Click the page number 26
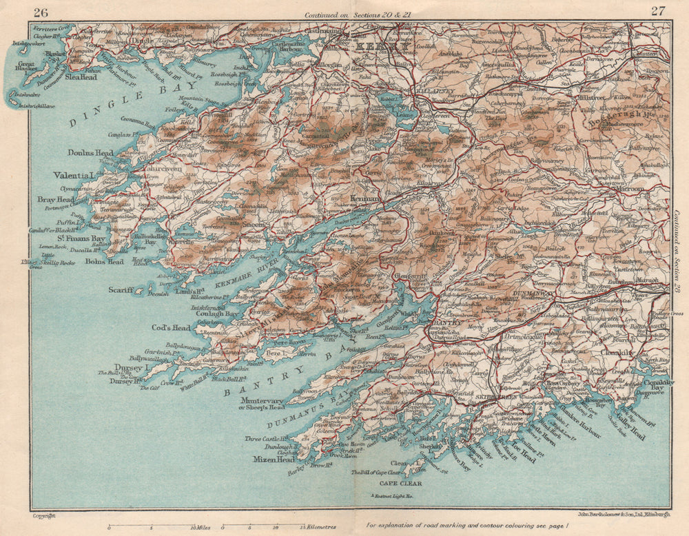coord(41,11)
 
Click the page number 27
coord(658,11)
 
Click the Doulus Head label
coord(90,152)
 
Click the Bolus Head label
coord(105,262)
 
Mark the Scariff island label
coord(121,290)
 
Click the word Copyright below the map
coord(43,515)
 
